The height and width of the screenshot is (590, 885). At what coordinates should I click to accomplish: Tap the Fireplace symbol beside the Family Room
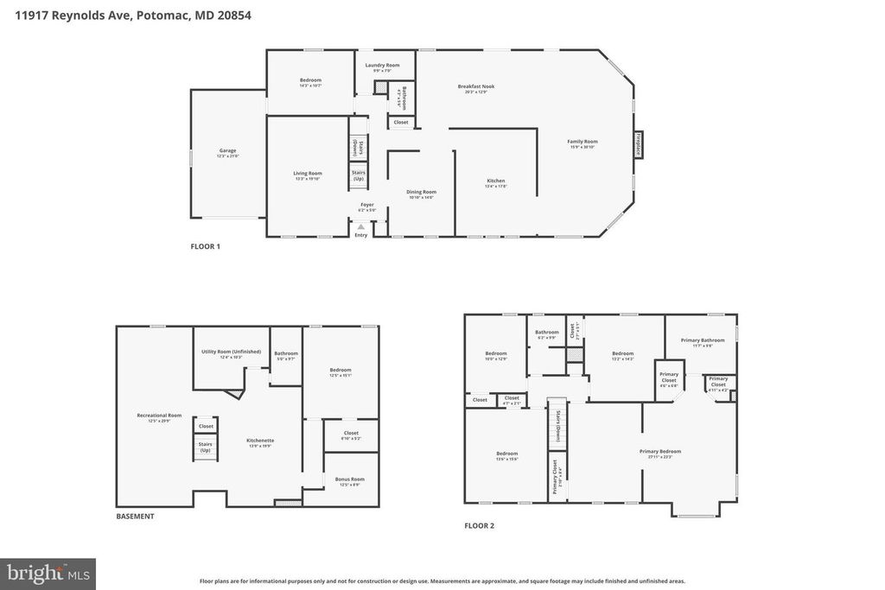click(x=639, y=143)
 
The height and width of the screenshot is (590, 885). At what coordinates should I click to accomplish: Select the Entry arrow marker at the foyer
click(x=361, y=227)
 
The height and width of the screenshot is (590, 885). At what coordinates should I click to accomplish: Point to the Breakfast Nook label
click(x=476, y=87)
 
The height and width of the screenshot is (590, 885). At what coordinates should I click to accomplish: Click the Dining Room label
click(x=422, y=193)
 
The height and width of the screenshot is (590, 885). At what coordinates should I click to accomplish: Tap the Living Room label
click(x=308, y=174)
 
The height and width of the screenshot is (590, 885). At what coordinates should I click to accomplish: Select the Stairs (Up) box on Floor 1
click(x=358, y=175)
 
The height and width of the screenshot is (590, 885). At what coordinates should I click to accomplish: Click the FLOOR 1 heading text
click(x=206, y=246)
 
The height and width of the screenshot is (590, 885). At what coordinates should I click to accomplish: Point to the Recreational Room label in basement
click(x=159, y=416)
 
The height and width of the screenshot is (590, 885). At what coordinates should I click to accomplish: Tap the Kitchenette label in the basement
click(x=260, y=441)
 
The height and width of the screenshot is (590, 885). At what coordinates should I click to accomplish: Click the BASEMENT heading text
click(x=136, y=516)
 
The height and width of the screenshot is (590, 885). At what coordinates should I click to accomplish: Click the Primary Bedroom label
click(x=660, y=452)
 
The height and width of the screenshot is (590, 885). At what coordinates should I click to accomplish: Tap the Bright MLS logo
click(x=48, y=574)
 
